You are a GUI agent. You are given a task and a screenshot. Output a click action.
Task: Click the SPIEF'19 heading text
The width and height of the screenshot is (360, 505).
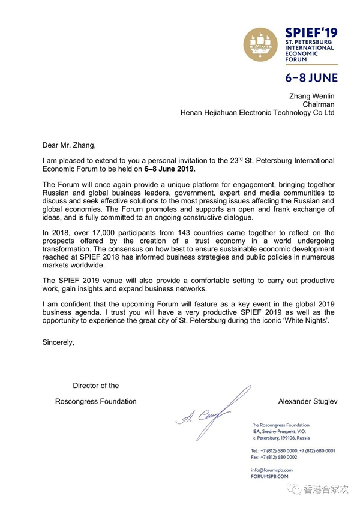(313, 31)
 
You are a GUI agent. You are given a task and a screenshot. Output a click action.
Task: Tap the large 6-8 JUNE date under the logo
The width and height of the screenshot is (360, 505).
(311, 78)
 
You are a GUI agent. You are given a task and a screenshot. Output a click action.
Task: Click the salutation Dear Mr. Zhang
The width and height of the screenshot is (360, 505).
(69, 144)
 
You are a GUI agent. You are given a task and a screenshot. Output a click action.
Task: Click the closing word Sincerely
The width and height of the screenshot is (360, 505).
(58, 342)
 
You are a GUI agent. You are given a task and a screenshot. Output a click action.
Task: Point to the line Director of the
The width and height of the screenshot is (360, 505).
(96, 386)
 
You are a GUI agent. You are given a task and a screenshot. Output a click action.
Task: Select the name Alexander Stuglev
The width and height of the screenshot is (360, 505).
(307, 401)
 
